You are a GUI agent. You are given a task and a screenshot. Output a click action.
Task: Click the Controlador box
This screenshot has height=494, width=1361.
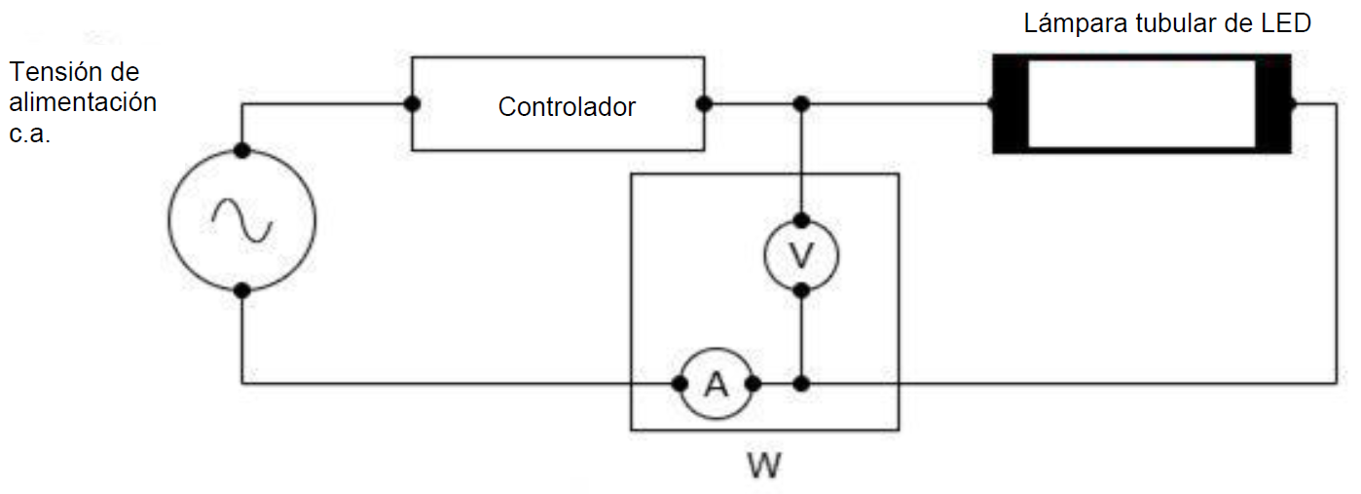558,104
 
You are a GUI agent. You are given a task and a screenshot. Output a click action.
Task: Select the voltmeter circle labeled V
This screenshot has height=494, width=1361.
801,255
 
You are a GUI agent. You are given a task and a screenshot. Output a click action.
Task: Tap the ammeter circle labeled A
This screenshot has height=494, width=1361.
717,384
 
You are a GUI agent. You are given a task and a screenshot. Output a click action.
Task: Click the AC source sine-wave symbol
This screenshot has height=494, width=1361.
242,220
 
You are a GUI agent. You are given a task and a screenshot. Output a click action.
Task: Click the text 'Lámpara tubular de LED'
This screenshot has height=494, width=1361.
1166,23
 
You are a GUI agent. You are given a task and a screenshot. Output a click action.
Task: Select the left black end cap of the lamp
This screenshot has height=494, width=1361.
1010,103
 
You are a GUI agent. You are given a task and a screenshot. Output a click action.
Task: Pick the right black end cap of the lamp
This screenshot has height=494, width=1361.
1273,103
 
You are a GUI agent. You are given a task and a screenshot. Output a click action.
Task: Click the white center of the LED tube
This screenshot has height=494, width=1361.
1141,103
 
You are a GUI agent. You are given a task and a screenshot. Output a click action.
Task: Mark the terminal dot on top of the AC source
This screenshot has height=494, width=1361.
242,150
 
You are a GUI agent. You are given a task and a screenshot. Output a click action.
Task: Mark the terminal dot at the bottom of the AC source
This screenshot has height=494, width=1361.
242,290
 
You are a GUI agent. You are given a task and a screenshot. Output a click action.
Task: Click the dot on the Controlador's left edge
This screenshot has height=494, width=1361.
413,103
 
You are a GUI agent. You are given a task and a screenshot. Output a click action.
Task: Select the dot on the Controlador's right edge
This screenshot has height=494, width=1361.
704,103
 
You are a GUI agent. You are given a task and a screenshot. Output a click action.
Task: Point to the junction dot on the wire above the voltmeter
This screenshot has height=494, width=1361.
801,103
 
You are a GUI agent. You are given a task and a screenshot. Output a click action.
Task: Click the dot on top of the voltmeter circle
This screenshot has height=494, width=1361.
801,220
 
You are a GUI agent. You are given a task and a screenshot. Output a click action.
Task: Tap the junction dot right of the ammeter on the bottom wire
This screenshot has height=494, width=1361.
801,384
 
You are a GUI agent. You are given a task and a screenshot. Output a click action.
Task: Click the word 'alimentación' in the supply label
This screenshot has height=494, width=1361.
83,102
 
